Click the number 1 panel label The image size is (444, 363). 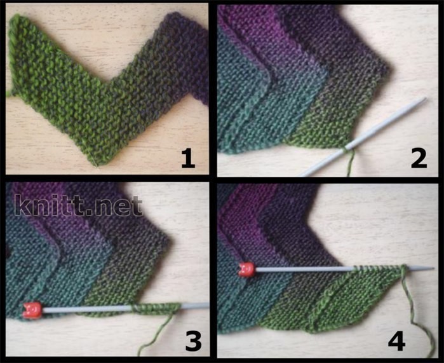(188, 159)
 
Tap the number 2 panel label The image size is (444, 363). (419, 159)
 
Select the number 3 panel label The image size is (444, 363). (193, 341)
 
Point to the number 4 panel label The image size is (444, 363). (397, 341)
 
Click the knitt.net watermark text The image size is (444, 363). (79, 205)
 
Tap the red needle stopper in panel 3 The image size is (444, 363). (32, 310)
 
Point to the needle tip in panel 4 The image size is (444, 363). (433, 269)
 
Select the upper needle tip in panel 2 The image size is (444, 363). (425, 99)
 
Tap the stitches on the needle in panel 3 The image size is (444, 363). (156, 308)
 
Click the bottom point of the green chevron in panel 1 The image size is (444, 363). (97, 165)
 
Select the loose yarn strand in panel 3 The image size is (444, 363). (155, 334)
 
